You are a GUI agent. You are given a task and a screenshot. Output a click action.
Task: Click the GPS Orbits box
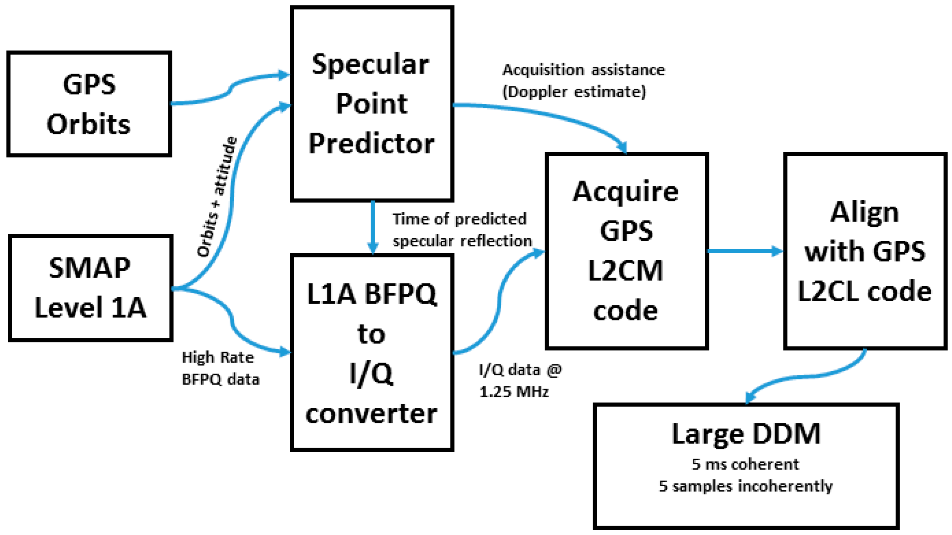[x=89, y=104]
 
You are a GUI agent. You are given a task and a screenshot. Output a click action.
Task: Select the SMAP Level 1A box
[x=90, y=288]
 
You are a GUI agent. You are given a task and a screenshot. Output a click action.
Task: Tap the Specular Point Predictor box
[x=371, y=104]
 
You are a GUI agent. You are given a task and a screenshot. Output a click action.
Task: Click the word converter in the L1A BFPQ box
[x=371, y=414]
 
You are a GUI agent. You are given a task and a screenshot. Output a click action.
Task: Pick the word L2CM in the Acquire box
[x=625, y=271]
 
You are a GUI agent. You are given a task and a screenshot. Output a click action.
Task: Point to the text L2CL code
[x=864, y=291]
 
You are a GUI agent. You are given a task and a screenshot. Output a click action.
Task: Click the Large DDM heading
[x=746, y=434]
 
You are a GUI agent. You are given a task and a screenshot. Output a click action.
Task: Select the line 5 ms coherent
[x=745, y=464]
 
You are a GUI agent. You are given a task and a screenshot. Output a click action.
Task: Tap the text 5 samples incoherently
[x=745, y=486]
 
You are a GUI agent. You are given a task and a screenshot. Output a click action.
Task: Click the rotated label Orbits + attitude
[x=217, y=197]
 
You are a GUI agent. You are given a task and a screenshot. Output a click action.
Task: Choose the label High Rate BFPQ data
[x=220, y=368]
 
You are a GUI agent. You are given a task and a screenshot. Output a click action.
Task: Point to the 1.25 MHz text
[x=514, y=392]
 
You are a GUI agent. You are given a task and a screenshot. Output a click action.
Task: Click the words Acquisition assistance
[x=584, y=70]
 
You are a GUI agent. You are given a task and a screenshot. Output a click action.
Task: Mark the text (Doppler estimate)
[x=574, y=92]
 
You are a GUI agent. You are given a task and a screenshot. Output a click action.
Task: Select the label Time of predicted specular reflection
[x=462, y=230]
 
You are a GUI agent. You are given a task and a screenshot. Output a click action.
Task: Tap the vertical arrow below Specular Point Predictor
[x=373, y=227]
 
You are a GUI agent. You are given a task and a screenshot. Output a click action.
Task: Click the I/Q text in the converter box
[x=371, y=373]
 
